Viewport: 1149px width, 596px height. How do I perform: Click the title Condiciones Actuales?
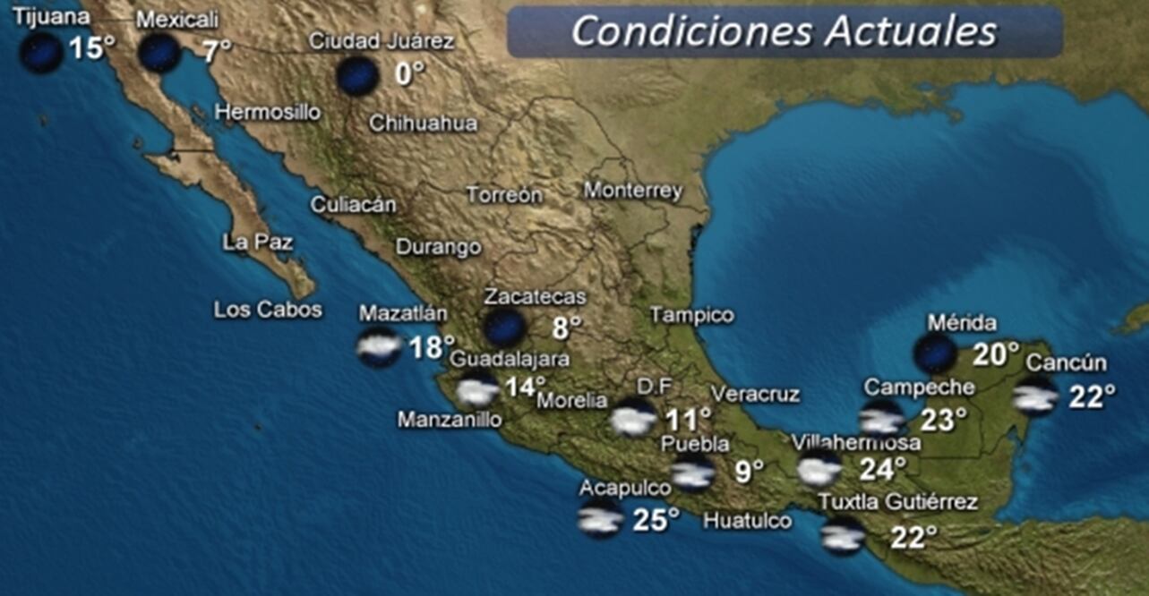pyautogui.click(x=784, y=31)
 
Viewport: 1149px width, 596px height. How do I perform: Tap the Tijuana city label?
pyautogui.click(x=52, y=17)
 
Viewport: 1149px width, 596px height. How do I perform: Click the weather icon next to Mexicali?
pyautogui.click(x=159, y=53)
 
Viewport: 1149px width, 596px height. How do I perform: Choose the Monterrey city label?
pyautogui.click(x=632, y=191)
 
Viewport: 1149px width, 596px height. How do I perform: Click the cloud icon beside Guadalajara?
pyautogui.click(x=476, y=392)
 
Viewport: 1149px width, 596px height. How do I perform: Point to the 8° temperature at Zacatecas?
pyautogui.click(x=566, y=328)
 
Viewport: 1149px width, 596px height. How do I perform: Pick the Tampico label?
pyautogui.click(x=691, y=315)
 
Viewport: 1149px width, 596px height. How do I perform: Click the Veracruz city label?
pyautogui.click(x=755, y=394)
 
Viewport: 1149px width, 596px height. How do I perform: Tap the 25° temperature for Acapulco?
pyautogui.click(x=656, y=519)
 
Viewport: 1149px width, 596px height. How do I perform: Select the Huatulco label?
pyautogui.click(x=747, y=520)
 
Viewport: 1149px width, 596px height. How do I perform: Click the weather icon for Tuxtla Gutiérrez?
pyautogui.click(x=843, y=535)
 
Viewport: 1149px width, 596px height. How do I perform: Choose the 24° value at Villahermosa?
pyautogui.click(x=883, y=468)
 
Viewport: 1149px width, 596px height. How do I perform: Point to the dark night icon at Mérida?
pyautogui.click(x=935, y=353)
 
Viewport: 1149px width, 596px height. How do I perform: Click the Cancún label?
pyautogui.click(x=1066, y=363)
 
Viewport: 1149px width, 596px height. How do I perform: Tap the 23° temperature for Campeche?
pyautogui.click(x=943, y=419)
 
